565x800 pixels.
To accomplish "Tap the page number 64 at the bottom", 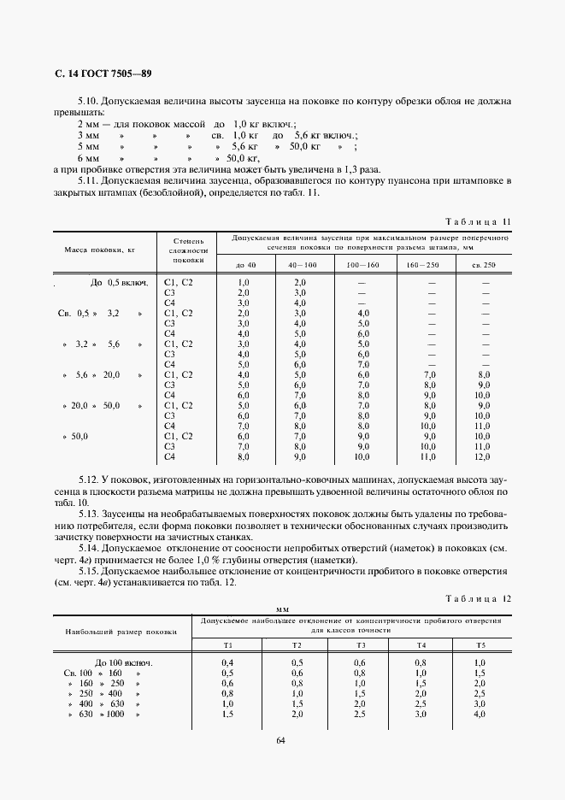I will click(281, 740).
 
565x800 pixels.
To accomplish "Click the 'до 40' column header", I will click(244, 265).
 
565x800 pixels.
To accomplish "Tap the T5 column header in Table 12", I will click(480, 644).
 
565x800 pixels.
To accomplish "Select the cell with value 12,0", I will click(483, 457).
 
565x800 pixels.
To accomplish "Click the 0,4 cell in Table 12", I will click(227, 662).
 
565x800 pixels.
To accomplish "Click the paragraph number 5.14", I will click(88, 546).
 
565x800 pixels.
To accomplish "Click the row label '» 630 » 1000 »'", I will click(101, 714).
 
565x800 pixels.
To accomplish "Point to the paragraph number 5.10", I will click(88, 101).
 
